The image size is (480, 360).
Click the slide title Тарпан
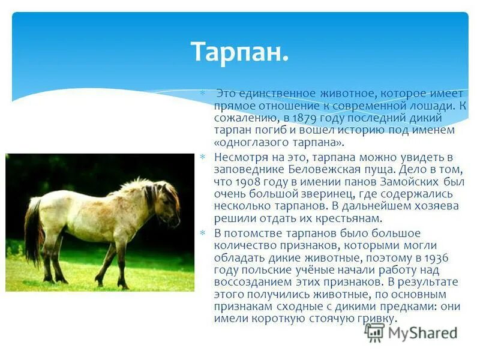tap(239, 52)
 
